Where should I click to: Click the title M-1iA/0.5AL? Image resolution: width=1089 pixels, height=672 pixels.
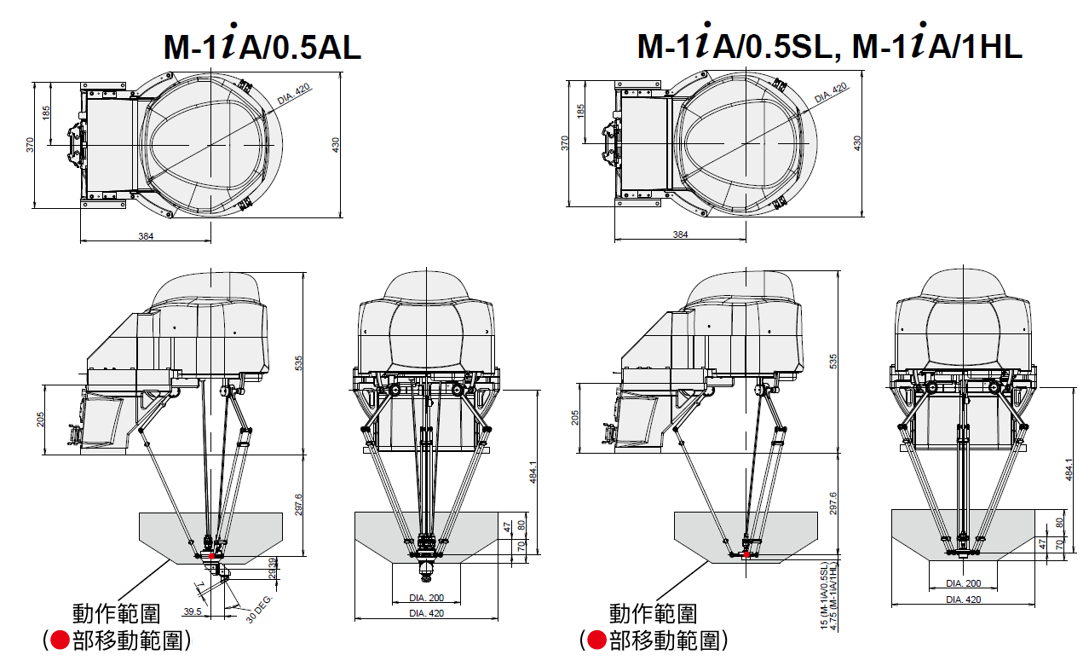[x=262, y=43]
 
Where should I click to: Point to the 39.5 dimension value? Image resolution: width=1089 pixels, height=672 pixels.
[x=193, y=611]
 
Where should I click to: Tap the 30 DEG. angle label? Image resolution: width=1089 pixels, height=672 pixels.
[x=259, y=609]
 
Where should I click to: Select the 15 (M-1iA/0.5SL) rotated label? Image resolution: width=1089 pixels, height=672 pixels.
[x=823, y=596]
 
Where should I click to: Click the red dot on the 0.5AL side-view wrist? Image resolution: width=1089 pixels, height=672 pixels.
[x=211, y=556]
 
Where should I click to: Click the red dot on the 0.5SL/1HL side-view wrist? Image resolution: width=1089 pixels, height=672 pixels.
[x=746, y=554]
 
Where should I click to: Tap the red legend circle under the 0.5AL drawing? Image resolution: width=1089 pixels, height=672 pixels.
[x=60, y=640]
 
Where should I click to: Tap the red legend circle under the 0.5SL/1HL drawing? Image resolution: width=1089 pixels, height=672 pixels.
[x=597, y=640]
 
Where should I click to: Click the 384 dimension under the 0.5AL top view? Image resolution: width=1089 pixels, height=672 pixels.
[x=146, y=236]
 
